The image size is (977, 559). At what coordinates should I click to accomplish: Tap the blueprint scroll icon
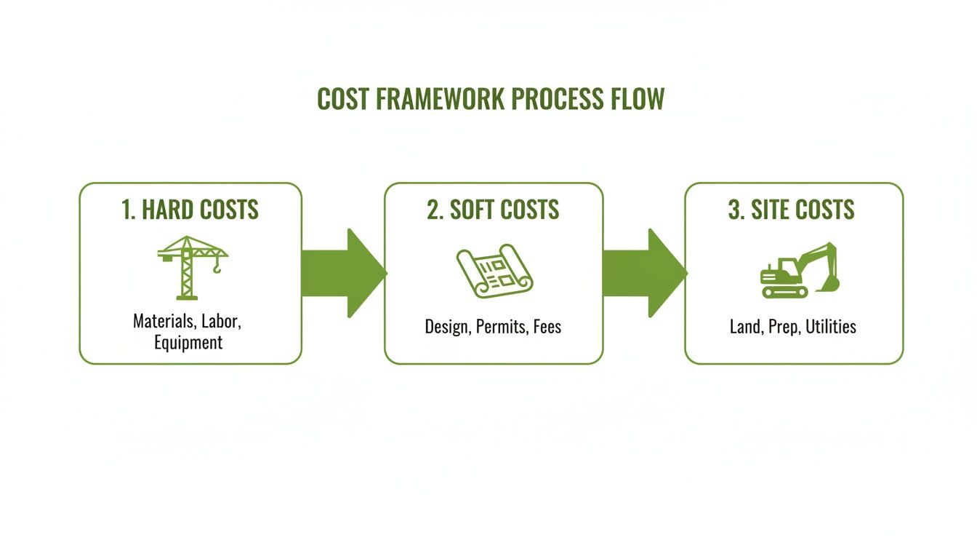494,271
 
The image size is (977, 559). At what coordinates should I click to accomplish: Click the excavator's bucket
829,283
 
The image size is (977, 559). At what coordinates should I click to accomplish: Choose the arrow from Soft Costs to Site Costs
644,273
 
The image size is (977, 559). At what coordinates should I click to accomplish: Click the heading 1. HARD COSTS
190,210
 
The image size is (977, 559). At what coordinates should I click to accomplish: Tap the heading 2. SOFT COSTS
493,210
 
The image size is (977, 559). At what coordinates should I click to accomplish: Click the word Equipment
188,342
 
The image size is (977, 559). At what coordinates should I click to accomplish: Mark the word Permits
501,326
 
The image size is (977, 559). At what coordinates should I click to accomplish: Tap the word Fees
547,326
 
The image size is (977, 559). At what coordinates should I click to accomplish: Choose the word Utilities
830,326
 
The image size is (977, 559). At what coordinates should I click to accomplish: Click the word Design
446,326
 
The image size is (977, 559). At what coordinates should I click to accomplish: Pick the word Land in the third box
744,326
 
